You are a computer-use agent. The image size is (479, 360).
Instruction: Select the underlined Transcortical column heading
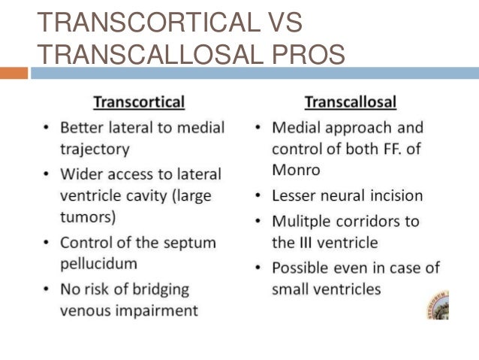pyautogui.click(x=138, y=101)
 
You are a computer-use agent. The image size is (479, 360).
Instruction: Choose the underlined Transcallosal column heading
pyautogui.click(x=351, y=101)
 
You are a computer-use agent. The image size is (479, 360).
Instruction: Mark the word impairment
pyautogui.click(x=161, y=309)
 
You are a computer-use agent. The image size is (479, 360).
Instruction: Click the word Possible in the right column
pyautogui.click(x=303, y=268)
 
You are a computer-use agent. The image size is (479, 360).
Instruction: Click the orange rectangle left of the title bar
pyautogui.click(x=14, y=73)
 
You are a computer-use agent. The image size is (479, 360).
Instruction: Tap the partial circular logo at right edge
pyautogui.click(x=438, y=304)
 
